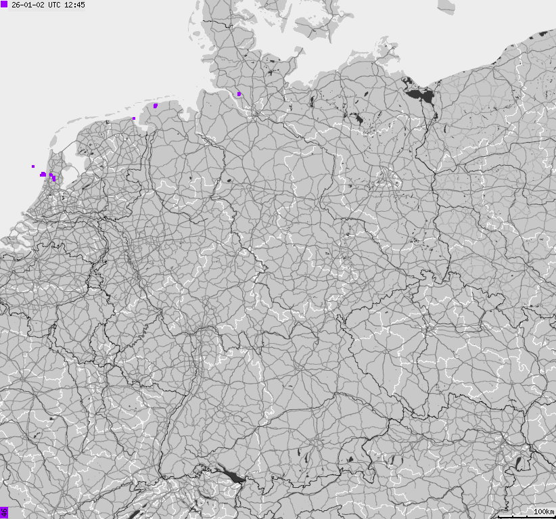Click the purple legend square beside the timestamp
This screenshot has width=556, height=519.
[x=4, y=5]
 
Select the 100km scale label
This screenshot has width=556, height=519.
[x=544, y=511]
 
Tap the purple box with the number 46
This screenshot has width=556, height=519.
[x=4, y=512]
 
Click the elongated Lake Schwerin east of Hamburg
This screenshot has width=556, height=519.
[x=312, y=101]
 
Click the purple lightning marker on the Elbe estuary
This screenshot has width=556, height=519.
[x=239, y=94]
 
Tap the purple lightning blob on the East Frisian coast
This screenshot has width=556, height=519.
[x=156, y=106]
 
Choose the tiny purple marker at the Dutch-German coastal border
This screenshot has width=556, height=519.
[x=134, y=118]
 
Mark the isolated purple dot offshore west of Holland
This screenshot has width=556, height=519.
[x=32, y=166]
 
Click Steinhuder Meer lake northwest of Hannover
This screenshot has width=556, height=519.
[x=229, y=181]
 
